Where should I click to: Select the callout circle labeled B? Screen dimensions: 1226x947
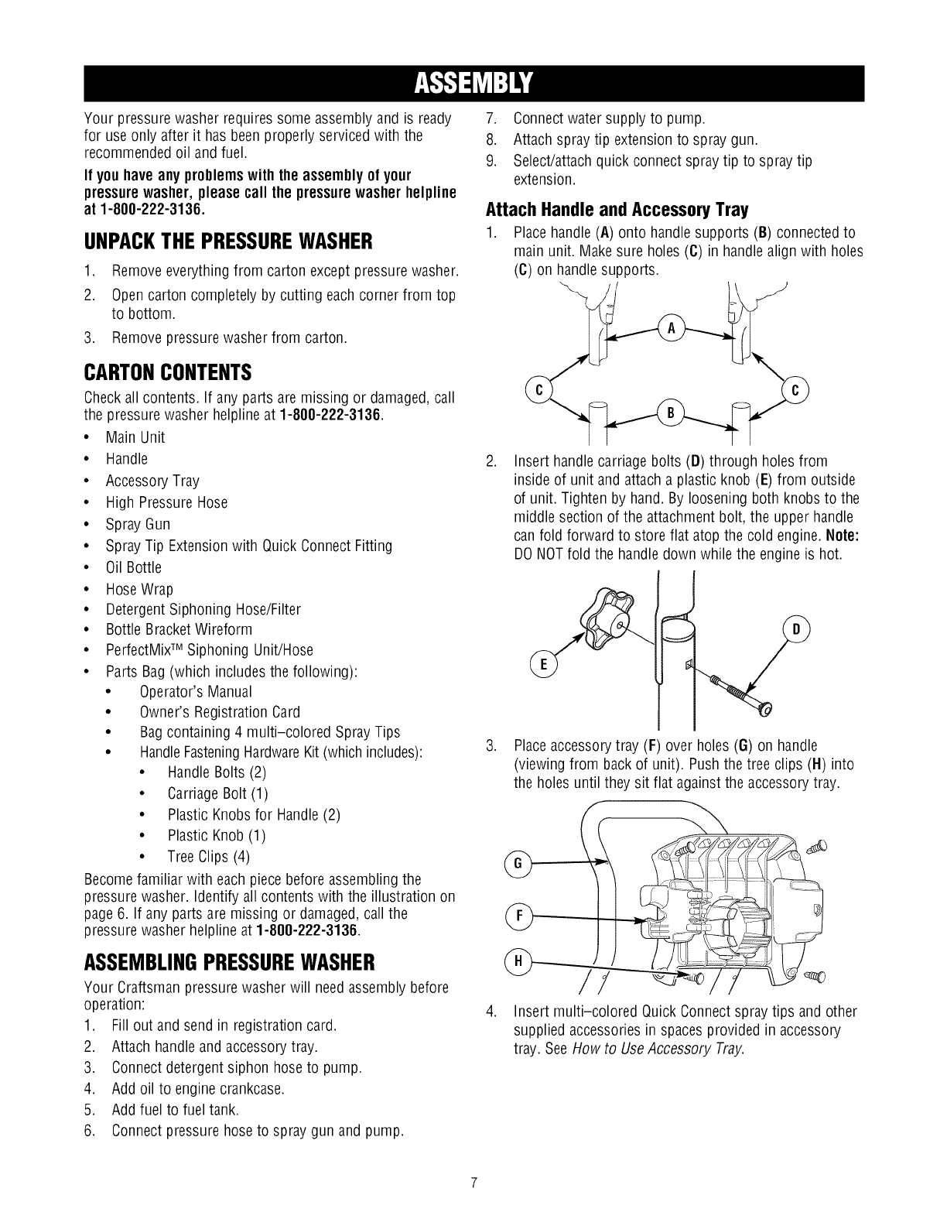(x=670, y=411)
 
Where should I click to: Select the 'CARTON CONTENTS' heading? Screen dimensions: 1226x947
(x=166, y=374)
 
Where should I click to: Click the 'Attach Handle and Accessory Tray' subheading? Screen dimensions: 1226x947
(x=617, y=209)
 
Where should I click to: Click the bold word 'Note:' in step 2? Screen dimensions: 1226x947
(x=843, y=536)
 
